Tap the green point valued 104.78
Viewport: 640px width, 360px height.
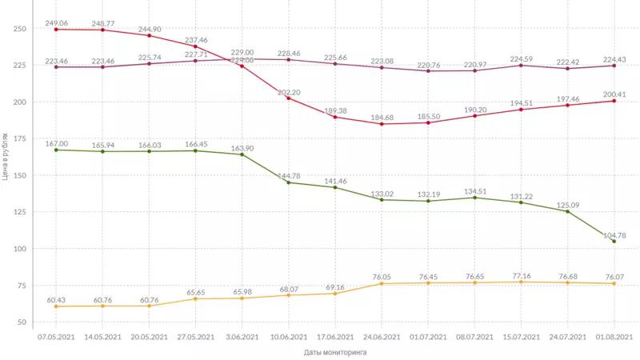(614, 241)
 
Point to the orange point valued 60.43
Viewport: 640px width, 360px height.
(56, 306)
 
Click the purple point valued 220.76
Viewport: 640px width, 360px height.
(428, 71)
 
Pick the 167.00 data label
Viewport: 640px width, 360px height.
(56, 143)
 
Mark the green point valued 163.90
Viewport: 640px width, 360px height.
(242, 154)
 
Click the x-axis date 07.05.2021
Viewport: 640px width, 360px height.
(56, 337)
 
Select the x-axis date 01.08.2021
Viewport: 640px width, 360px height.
(614, 337)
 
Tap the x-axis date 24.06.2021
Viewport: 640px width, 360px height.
(382, 337)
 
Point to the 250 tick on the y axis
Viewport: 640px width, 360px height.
(21, 29)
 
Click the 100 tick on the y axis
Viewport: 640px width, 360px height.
(21, 249)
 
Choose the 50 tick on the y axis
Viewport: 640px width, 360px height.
(23, 322)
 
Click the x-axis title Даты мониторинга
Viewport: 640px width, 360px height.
(334, 351)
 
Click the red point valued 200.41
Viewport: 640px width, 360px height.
(614, 101)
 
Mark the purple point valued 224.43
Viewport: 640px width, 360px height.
(614, 66)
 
